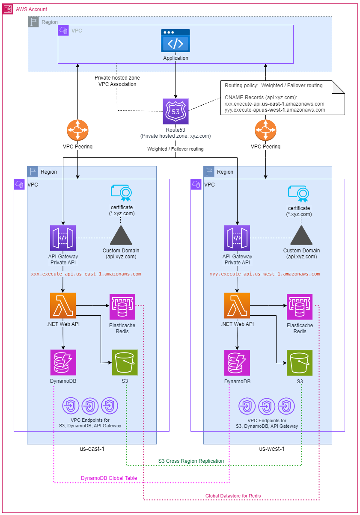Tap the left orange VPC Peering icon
77,130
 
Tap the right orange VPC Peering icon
265,130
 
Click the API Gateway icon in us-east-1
63,238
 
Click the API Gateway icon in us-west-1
237,238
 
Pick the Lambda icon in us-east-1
63,305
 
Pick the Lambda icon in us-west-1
237,305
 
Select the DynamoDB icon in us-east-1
63,362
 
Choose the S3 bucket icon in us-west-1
300,363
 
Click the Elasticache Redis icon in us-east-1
122,306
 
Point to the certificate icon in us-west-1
299,193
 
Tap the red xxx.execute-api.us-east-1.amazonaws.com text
86,274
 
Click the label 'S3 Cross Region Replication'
191,461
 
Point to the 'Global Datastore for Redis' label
233,495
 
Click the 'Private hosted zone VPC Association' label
117,81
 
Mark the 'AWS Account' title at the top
32,9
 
